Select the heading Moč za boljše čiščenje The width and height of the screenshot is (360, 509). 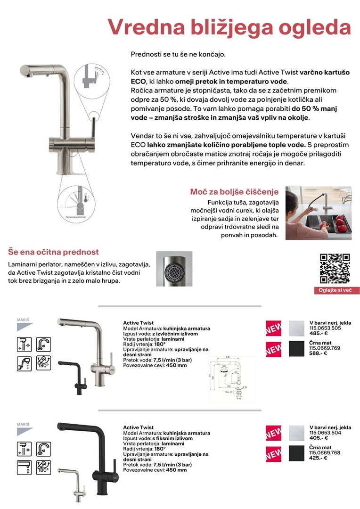point(234,192)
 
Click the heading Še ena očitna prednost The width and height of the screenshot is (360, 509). point(54,252)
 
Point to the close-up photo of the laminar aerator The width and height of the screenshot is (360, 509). point(174,269)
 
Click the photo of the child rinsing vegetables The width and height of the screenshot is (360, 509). point(318,213)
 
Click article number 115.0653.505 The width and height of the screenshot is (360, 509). point(325,328)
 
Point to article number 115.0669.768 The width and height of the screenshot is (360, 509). point(325,452)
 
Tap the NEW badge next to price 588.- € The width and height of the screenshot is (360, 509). point(273,350)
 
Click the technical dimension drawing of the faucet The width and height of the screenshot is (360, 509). point(231,379)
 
